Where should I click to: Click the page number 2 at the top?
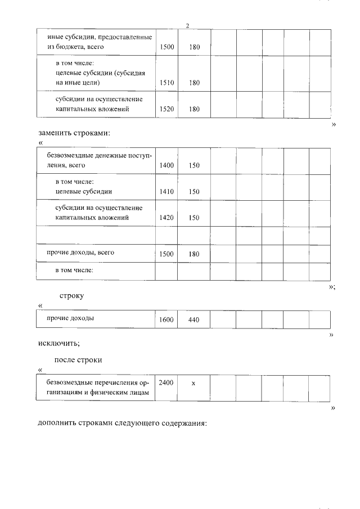(187, 25)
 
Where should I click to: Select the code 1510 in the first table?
(166, 83)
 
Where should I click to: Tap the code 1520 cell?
(166, 109)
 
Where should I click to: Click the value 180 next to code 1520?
(194, 109)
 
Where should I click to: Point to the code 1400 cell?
(166, 165)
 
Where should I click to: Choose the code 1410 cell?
(166, 191)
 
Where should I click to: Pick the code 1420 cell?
(166, 217)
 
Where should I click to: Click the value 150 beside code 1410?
(194, 191)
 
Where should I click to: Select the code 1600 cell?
(166, 319)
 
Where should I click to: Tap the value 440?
(194, 319)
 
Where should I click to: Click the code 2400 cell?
(166, 382)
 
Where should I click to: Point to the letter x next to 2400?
(193, 383)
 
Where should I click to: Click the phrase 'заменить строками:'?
(73, 134)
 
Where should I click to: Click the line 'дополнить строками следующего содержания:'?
(122, 423)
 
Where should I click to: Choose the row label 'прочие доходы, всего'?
(80, 253)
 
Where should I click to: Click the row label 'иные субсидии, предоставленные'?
(100, 37)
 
